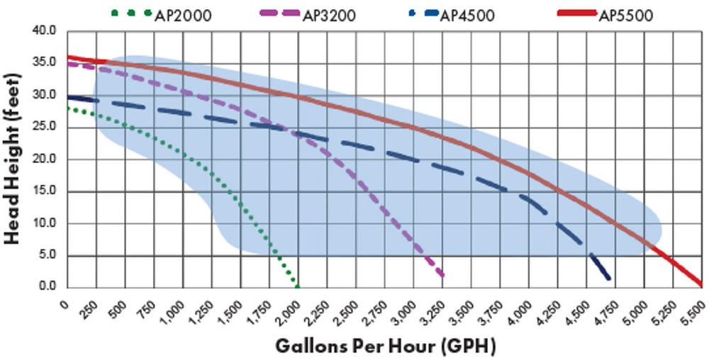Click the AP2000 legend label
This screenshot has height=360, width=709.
point(182,15)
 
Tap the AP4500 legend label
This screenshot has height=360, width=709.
point(468,15)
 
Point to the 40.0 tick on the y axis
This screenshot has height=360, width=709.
point(45,31)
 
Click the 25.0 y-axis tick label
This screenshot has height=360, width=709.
point(45,128)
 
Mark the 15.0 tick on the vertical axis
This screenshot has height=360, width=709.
point(45,192)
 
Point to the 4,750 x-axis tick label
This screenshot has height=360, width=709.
point(606,308)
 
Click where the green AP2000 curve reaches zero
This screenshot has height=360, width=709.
point(297,286)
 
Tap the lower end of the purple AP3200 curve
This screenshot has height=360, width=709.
point(442,275)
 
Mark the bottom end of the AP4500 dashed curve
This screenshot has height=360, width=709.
point(608,279)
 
